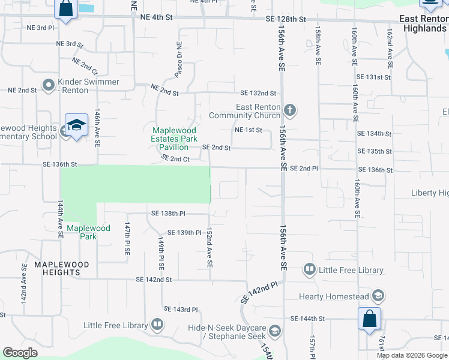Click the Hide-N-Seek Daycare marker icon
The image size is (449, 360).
(274, 331)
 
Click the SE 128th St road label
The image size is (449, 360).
(286, 20)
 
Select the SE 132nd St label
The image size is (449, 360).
(258, 93)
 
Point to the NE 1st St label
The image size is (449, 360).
(248, 130)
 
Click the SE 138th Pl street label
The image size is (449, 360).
(168, 213)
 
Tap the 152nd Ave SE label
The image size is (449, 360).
(209, 247)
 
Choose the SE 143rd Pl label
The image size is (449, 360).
(181, 310)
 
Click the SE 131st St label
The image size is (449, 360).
(373, 77)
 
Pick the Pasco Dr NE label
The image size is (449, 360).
(178, 61)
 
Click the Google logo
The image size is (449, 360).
(20, 353)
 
